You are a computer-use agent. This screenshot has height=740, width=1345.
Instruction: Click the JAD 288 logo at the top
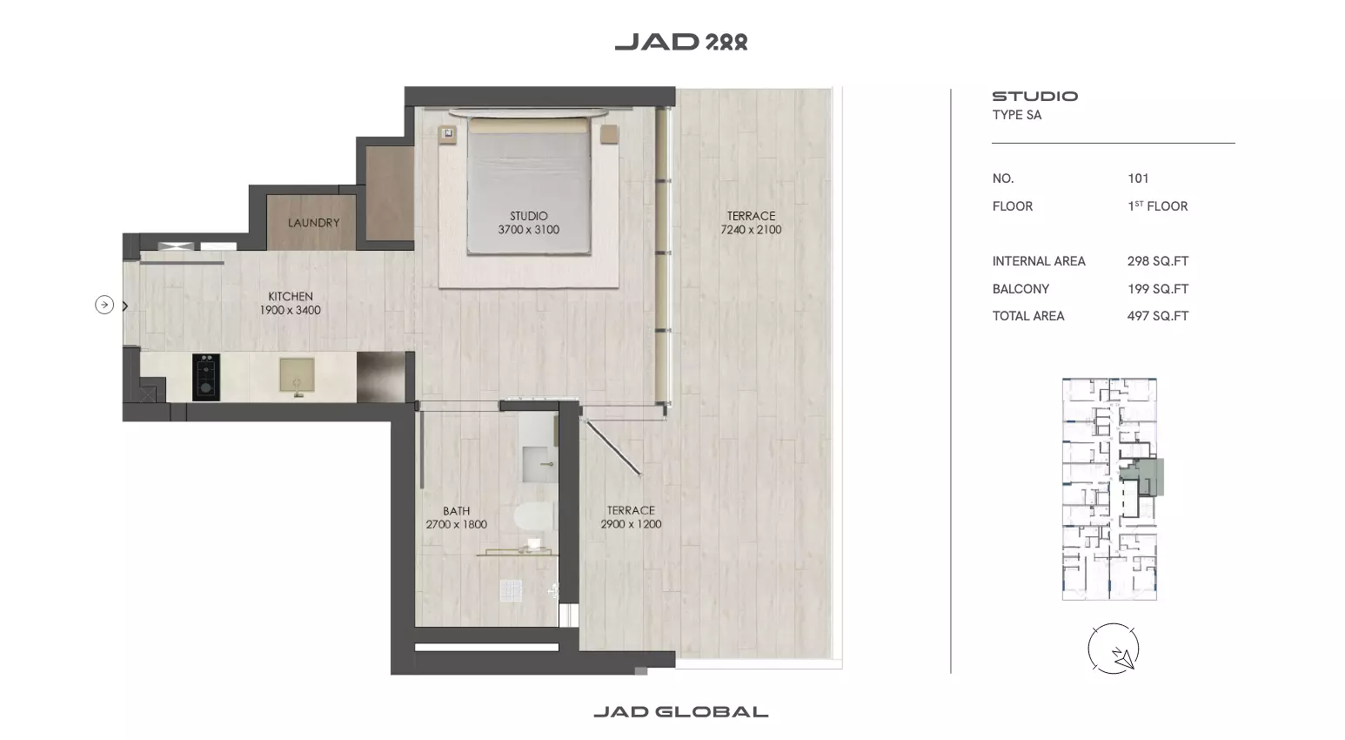pos(681,42)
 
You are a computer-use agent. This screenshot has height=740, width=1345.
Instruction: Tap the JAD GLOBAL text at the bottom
pos(681,712)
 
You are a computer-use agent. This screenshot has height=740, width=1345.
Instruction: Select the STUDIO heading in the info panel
pos(1034,96)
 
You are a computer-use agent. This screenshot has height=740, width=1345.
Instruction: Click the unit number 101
pos(1138,178)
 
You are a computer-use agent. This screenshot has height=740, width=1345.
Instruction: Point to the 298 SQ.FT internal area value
pos(1158,261)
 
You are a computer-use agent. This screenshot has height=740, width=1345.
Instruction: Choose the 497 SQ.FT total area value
pos(1158,316)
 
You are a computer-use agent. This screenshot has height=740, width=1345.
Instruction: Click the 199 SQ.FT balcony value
pos(1158,289)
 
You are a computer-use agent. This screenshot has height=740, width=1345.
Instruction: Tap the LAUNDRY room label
pos(313,223)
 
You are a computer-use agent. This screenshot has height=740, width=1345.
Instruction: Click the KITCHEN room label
pos(290,296)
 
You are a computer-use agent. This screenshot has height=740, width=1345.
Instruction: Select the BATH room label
pos(457,510)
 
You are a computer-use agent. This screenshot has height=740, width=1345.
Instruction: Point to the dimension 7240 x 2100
pos(751,230)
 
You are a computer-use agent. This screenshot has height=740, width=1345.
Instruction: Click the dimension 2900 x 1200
pos(631,524)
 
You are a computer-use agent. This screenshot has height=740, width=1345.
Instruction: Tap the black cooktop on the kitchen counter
pos(206,377)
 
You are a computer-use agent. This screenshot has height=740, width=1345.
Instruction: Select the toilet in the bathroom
pos(533,517)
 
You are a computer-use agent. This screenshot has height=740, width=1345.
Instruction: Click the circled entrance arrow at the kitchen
pos(104,305)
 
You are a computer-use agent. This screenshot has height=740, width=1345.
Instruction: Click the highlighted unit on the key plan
pos(1144,477)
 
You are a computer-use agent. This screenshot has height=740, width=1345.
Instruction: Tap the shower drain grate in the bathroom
pos(511,590)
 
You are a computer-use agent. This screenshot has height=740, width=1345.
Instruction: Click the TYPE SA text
pos(1016,115)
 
